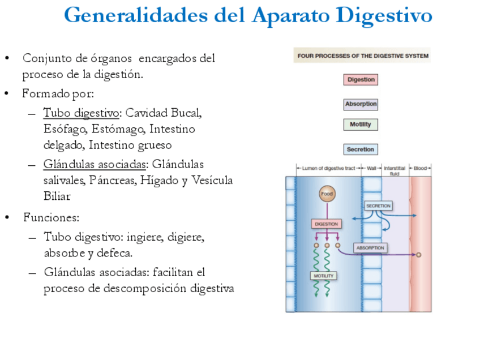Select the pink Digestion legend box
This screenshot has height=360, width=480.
click(x=360, y=80)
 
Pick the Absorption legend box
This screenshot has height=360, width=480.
click(x=361, y=104)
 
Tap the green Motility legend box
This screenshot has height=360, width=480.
click(x=360, y=125)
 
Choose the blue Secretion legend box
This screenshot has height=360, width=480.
click(x=361, y=149)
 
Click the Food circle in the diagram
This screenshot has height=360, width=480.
click(x=327, y=194)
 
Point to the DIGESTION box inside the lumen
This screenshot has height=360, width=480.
click(x=326, y=224)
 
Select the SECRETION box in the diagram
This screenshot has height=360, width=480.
click(x=378, y=206)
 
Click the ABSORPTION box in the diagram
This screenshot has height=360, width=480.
click(x=370, y=248)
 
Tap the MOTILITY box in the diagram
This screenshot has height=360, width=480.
click(x=323, y=276)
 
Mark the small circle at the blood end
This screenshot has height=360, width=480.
click(x=418, y=255)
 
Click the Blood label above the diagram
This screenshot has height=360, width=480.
click(x=420, y=168)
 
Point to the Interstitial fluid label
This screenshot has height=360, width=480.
click(x=395, y=170)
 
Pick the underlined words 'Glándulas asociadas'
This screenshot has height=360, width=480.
click(x=95, y=164)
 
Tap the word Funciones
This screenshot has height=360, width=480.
click(x=51, y=217)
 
